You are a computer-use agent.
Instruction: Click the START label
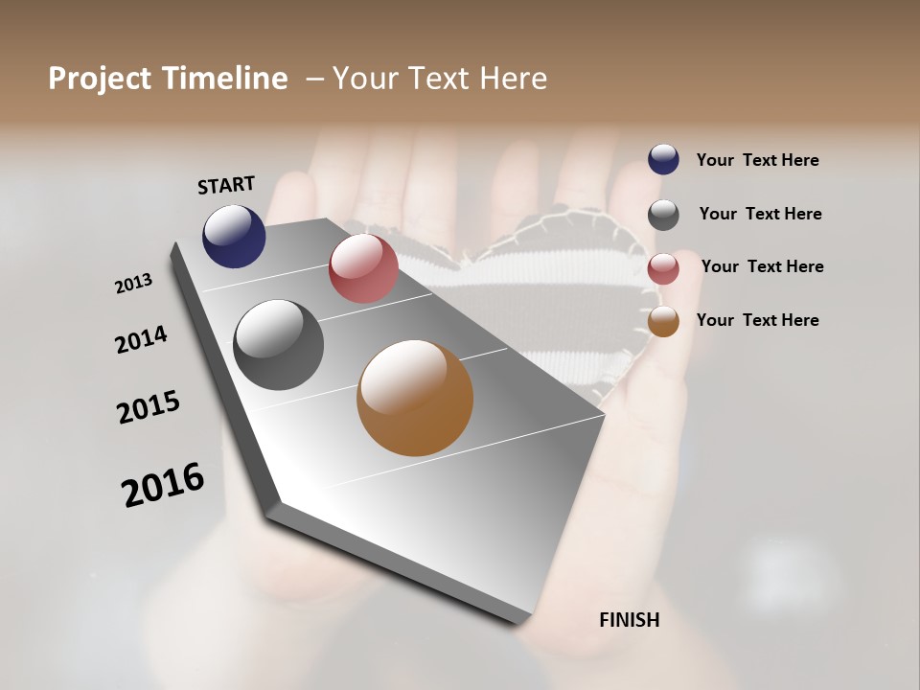coord(226,185)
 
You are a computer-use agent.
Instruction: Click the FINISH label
coord(629,620)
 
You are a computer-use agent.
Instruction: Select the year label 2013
coord(134,283)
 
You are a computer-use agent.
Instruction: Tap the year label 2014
coord(141,339)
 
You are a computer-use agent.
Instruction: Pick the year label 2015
coord(149,407)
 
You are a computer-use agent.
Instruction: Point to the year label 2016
coord(163,484)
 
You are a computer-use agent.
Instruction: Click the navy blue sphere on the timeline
coord(234,236)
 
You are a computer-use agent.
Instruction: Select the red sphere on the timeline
coord(363,267)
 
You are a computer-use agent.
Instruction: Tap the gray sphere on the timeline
coord(279,345)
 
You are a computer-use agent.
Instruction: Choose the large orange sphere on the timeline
coord(415,398)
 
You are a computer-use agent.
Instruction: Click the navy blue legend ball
coord(663,159)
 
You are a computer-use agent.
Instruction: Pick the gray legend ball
coord(663,215)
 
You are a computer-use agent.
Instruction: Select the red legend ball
coord(663,268)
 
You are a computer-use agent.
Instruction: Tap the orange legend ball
coord(663,321)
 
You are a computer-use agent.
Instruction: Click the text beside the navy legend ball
coord(757,160)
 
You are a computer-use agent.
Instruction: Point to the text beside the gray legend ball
coord(760,214)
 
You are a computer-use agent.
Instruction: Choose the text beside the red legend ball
coord(762,266)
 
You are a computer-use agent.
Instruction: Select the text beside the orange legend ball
coord(757,320)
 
